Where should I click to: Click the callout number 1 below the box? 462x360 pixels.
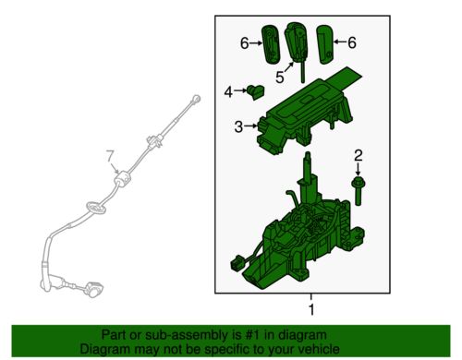pos(311,309)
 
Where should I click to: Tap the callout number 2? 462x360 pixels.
pos(359,156)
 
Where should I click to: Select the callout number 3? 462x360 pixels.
pos(238,126)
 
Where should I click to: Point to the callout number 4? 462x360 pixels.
pos(228,91)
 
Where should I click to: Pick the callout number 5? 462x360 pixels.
pos(280,78)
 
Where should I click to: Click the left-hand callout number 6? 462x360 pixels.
pos(245,43)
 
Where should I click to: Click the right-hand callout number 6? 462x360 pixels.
pos(352,42)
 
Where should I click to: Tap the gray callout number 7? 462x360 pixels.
pos(110,156)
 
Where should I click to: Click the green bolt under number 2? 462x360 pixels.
pos(358,190)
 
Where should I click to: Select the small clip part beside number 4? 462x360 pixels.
pos(256,91)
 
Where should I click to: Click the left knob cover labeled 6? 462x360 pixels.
pos(272,45)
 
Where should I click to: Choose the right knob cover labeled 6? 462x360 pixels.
pos(325,44)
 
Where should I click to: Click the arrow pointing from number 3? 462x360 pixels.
pos(251,126)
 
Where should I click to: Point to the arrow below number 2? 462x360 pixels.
pos(358,169)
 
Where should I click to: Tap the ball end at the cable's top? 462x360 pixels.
pos(196,99)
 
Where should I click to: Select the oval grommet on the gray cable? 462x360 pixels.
pos(96,208)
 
